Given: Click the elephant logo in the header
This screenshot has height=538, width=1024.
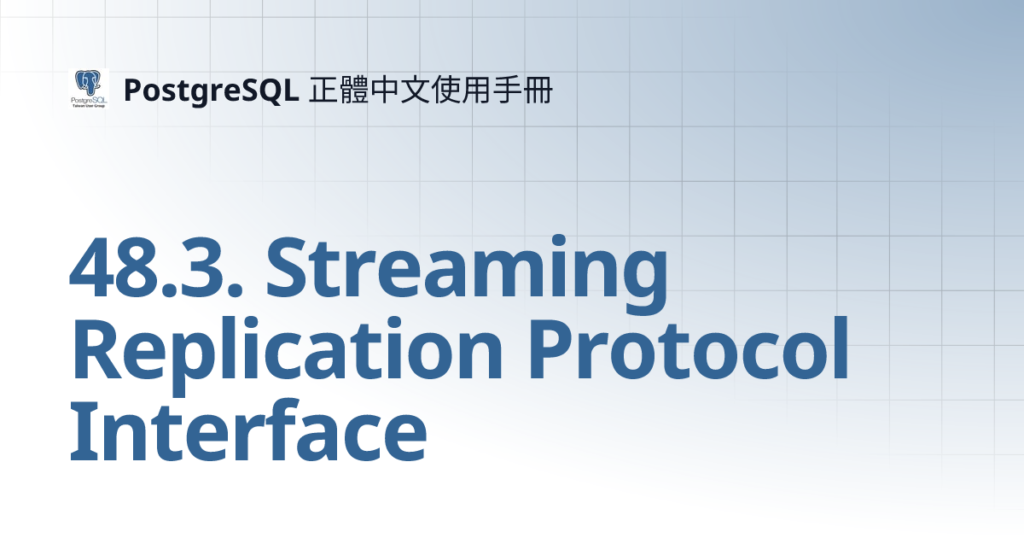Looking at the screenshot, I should click(x=88, y=89).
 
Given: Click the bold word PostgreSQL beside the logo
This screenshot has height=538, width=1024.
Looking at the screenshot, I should click(x=211, y=90).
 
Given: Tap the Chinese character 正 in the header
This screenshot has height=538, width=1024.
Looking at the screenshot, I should click(x=323, y=89).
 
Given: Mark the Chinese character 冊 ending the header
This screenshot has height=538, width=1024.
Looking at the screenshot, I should click(x=538, y=89).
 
